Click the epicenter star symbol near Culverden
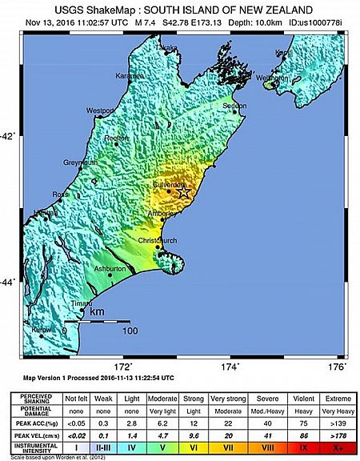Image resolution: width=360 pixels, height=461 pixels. pyautogui.click(x=183, y=191)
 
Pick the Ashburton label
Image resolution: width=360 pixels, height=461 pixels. pyautogui.click(x=110, y=269)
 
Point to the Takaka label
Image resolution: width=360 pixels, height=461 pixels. pyautogui.click(x=166, y=48)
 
